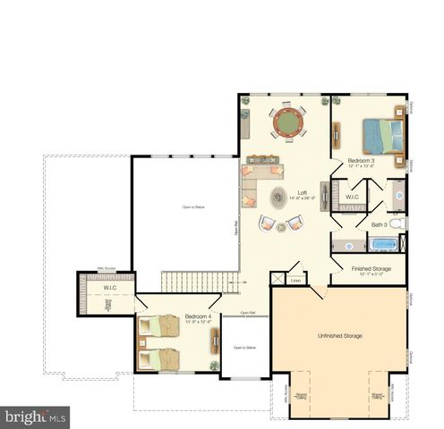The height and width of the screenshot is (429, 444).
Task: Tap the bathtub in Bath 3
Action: coord(383,244)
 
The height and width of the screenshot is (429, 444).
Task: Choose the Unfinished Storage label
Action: coord(340,335)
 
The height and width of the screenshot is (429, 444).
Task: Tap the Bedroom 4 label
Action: coord(199,316)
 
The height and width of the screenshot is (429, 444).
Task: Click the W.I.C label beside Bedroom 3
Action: coord(352,197)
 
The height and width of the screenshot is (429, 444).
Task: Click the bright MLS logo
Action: coord(36,416)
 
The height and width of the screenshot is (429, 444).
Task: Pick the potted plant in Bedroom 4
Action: coord(214,366)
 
